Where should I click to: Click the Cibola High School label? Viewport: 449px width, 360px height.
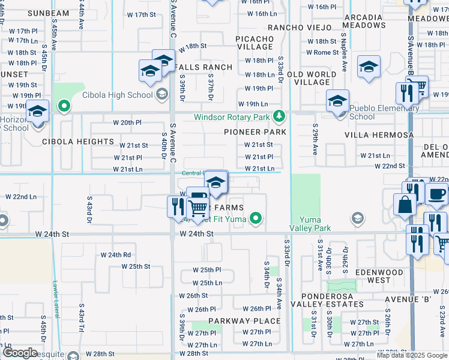(x=123, y=95)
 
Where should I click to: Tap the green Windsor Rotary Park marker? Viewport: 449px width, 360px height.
(x=278, y=116)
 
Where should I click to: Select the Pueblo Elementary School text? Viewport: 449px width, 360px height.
(x=384, y=112)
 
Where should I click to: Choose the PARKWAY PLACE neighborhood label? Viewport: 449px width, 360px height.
(x=245, y=321)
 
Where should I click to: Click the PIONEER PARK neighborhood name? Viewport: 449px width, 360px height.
(x=255, y=131)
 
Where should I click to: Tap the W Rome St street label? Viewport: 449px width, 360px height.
(x=322, y=52)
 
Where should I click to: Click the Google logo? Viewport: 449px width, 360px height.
(x=19, y=353)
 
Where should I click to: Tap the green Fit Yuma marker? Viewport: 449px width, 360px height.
(x=256, y=218)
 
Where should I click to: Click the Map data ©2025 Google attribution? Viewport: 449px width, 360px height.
(x=411, y=355)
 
